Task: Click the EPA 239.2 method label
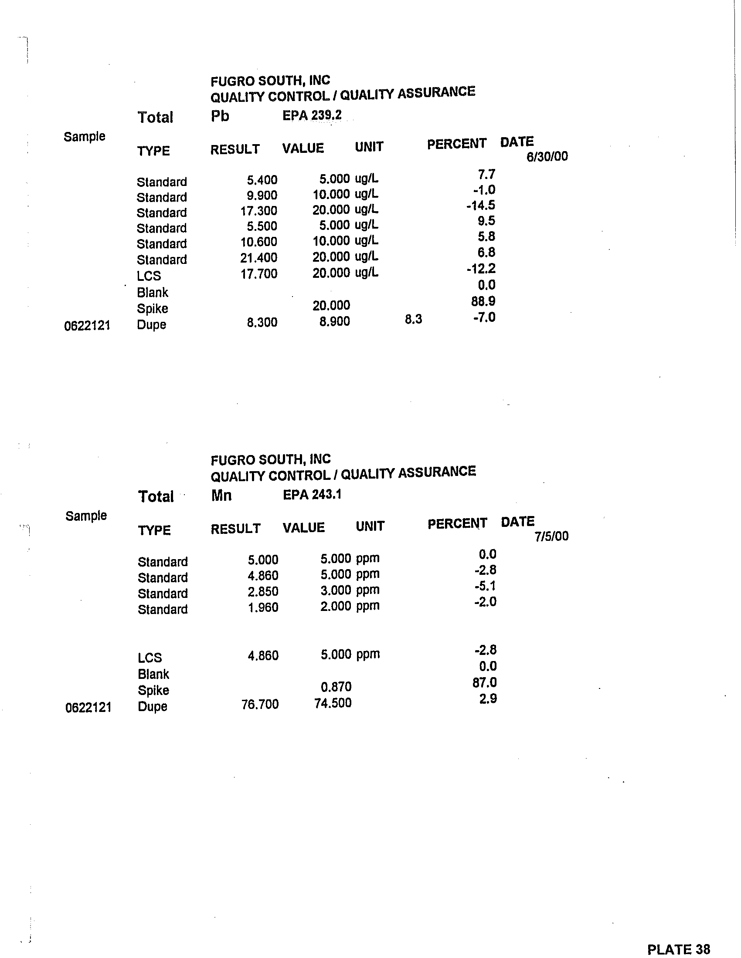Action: (312, 115)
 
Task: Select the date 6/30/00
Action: (547, 157)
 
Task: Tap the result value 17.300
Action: (258, 211)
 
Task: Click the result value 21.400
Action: (258, 258)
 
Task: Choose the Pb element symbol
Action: (220, 116)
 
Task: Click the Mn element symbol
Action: (221, 496)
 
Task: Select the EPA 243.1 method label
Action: (312, 495)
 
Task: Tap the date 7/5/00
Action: (551, 536)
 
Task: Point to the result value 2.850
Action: (262, 592)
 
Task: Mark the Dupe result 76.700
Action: (260, 705)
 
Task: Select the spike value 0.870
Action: (336, 687)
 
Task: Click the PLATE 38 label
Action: (678, 950)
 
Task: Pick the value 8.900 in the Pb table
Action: (334, 321)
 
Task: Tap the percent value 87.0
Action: (485, 683)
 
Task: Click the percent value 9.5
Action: (486, 221)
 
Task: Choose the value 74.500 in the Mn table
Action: (333, 703)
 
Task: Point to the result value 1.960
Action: (263, 607)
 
